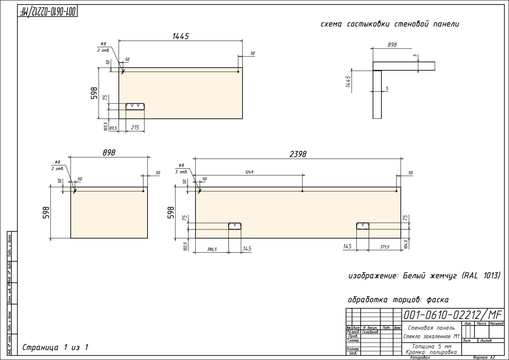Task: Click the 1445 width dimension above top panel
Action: pyautogui.click(x=181, y=36)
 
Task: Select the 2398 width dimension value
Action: pyautogui.click(x=298, y=154)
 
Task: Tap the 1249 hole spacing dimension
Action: pyautogui.click(x=249, y=172)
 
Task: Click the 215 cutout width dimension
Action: pyautogui.click(x=135, y=128)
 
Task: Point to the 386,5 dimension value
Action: pyautogui.click(x=212, y=249)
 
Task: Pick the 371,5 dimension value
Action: pyautogui.click(x=385, y=247)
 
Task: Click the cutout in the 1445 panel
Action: pyautogui.click(x=135, y=106)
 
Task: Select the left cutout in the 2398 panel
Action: pyautogui.click(x=235, y=226)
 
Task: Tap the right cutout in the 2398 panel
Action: pyautogui.click(x=363, y=226)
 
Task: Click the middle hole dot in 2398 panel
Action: pyautogui.click(x=302, y=191)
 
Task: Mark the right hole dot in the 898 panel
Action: pyautogui.click(x=143, y=191)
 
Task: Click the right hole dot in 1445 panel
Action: pyautogui.click(x=238, y=72)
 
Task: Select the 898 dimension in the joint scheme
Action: pyautogui.click(x=392, y=45)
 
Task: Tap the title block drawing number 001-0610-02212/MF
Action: pyautogui.click(x=453, y=315)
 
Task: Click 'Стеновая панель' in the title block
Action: pyautogui.click(x=431, y=328)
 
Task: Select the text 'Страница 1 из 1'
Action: pyautogui.click(x=55, y=347)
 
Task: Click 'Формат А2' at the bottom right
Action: pyautogui.click(x=484, y=358)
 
